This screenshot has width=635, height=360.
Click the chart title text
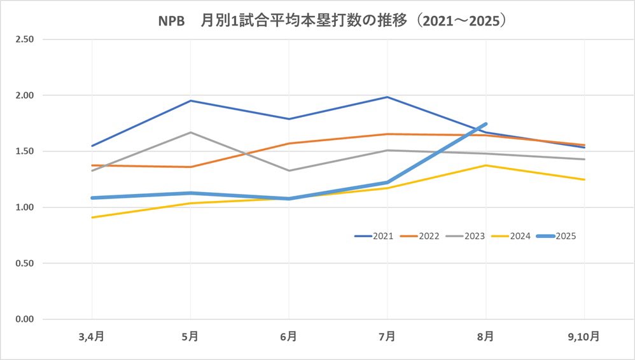[x=331, y=20]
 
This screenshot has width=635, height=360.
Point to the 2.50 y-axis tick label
[x=25, y=39]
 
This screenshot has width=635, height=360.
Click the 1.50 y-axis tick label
[x=25, y=151]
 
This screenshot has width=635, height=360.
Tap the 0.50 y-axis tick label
[x=25, y=263]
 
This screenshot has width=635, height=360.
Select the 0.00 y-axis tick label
[x=25, y=319]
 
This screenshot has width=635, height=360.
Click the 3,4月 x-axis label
[x=92, y=336]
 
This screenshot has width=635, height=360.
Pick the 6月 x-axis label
[x=289, y=336]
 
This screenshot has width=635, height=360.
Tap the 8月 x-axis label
[x=486, y=336]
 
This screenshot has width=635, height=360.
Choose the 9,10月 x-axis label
[x=585, y=336]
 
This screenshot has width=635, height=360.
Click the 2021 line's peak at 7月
[x=387, y=97]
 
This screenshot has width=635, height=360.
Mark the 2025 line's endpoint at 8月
[x=486, y=124]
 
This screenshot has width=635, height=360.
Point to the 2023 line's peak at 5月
[x=190, y=132]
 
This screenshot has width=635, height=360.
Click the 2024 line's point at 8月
[x=486, y=165]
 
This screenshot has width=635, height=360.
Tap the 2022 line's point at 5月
[x=190, y=167]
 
